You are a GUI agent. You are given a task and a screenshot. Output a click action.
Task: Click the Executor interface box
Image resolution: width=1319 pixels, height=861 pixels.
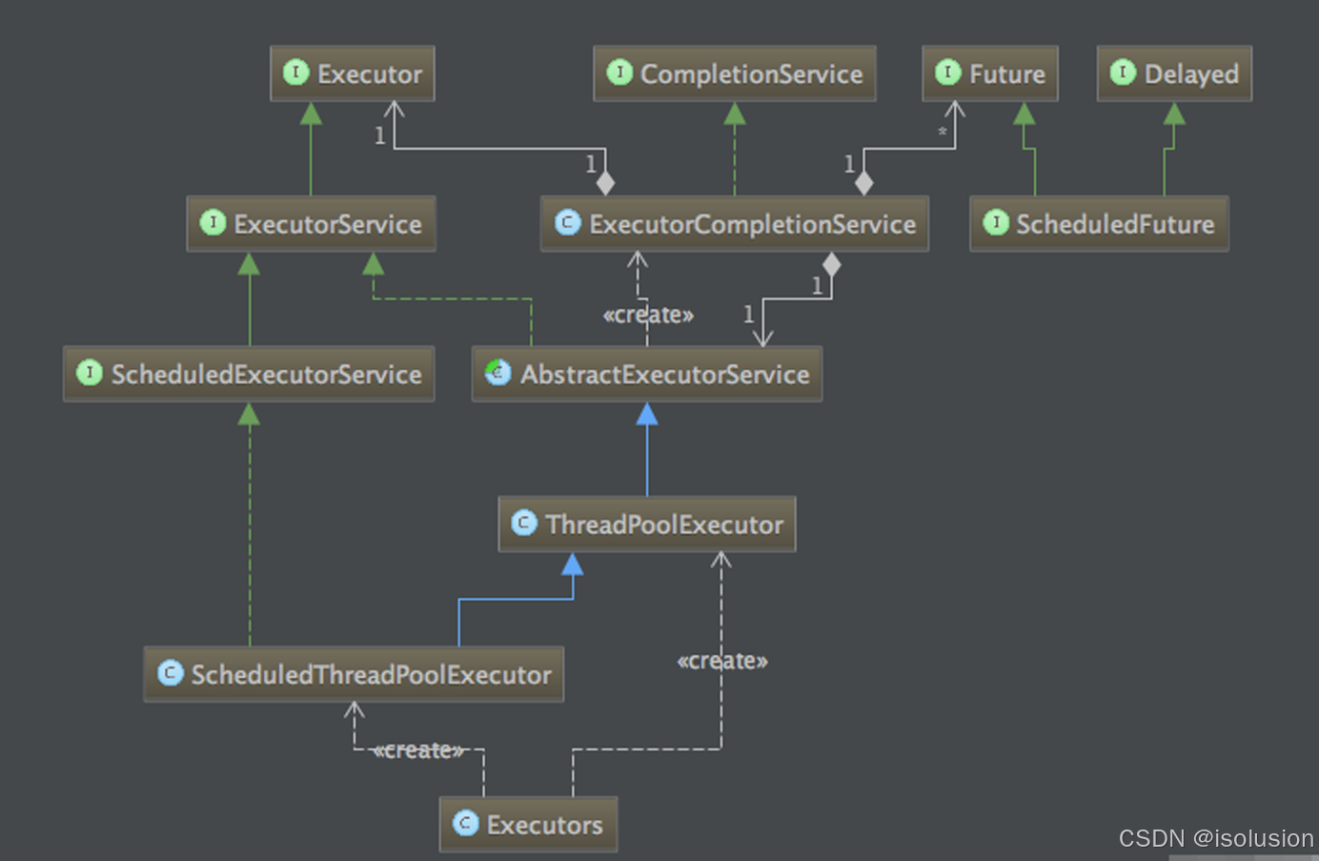(x=353, y=73)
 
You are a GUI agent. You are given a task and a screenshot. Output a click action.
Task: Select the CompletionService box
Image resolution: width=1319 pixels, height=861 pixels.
(x=734, y=73)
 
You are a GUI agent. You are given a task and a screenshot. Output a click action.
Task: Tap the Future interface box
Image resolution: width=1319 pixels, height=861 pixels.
(x=989, y=73)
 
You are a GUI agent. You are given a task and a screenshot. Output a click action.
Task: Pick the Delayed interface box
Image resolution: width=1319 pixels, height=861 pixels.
(x=1174, y=73)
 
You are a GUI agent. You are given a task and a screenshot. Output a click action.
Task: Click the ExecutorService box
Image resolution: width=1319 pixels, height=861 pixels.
(x=311, y=224)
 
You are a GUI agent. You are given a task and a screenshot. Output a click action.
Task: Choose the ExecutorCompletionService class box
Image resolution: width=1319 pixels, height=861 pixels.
(x=734, y=224)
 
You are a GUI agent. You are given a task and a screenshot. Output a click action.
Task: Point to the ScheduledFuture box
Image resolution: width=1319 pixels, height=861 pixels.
(x=1099, y=224)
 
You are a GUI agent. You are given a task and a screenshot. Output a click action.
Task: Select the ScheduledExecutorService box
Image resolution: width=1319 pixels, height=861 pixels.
(x=249, y=374)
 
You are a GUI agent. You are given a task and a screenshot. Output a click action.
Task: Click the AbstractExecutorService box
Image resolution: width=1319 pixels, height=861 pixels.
(x=646, y=374)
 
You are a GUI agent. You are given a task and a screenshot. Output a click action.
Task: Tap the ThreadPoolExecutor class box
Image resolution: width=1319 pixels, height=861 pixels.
(x=646, y=524)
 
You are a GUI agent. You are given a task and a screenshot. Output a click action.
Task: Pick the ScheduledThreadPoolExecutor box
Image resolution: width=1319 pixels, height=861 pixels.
(x=354, y=674)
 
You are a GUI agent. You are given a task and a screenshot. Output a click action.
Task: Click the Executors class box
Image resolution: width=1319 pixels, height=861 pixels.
(x=528, y=825)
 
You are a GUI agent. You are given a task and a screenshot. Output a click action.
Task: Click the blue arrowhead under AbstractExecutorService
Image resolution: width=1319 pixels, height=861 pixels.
(x=647, y=414)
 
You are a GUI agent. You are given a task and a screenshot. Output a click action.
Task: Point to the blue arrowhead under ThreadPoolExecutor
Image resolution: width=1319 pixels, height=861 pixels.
(x=573, y=564)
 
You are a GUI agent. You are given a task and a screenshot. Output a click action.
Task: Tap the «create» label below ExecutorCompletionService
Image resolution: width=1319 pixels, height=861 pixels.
(x=648, y=315)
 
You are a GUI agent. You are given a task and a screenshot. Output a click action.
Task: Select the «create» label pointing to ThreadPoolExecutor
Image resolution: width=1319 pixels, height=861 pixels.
(x=722, y=661)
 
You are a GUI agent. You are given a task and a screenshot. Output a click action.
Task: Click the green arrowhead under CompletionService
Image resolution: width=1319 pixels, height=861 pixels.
(x=735, y=114)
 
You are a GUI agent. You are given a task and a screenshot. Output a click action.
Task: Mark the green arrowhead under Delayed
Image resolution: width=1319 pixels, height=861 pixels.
(x=1174, y=114)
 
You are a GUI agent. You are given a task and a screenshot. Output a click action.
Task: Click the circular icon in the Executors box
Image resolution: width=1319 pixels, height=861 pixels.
(x=466, y=823)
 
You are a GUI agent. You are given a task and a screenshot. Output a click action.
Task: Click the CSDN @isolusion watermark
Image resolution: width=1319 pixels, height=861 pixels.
(x=1215, y=838)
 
